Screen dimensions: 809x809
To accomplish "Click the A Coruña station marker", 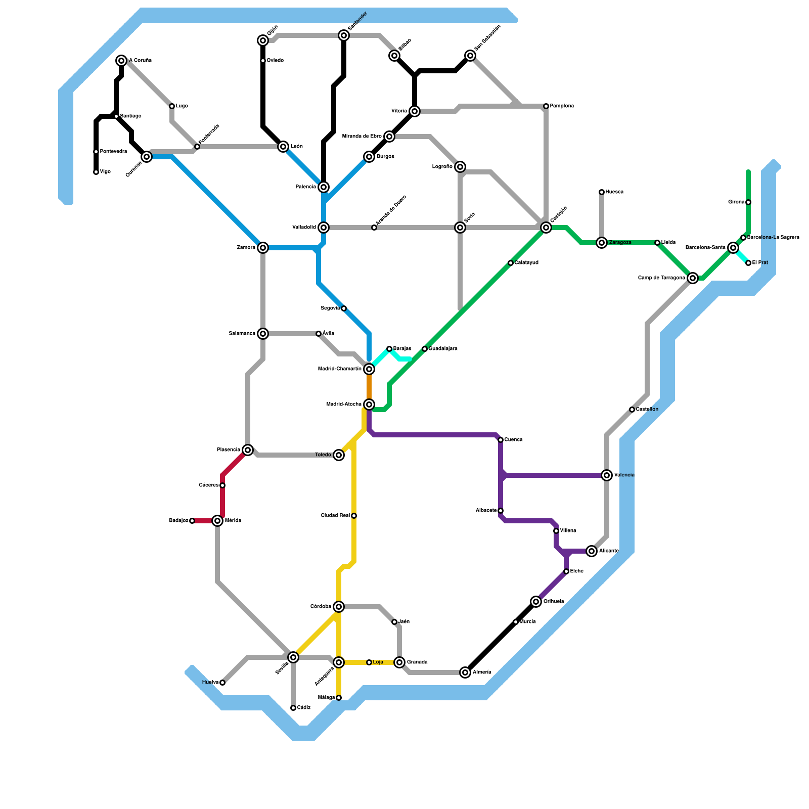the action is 121,61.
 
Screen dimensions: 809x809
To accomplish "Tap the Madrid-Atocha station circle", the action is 369,404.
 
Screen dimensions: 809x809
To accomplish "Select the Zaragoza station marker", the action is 602,243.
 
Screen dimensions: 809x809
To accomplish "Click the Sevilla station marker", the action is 293,657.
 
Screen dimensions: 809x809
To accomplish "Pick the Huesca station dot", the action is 602,192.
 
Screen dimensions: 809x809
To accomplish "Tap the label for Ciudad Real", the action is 335,516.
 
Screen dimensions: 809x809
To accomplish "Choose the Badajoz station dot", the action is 192,521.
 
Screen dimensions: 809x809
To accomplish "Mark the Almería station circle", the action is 465,672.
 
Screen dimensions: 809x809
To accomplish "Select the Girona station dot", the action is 748,202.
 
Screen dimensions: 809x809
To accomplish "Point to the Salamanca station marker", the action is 263,334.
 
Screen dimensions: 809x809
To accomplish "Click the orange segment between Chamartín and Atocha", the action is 369,387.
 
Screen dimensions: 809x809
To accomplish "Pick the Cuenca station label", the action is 513,440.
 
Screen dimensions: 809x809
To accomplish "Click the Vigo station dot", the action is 96,172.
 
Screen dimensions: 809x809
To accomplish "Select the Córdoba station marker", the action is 339,607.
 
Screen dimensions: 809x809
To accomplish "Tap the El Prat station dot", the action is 748,263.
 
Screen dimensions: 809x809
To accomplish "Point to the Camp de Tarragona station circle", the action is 693,278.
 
